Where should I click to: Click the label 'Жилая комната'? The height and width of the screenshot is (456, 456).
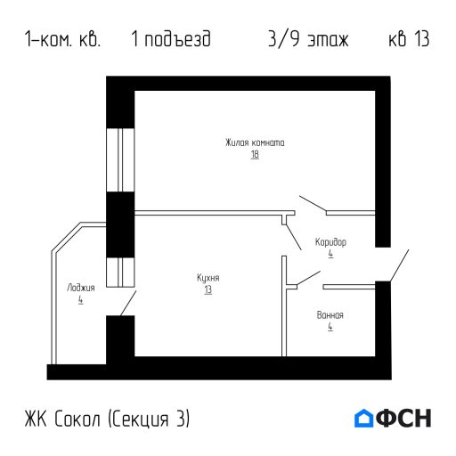pos(255,142)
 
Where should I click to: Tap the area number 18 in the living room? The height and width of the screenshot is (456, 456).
pos(255,154)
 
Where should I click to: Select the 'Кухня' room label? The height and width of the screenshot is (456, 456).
pos(208,278)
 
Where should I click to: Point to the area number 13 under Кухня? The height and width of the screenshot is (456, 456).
pos(208,289)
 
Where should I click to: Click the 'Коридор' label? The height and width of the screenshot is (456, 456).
pos(330,242)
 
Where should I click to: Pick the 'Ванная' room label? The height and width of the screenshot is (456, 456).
pos(330,315)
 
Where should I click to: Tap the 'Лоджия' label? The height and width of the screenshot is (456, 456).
pos(80,288)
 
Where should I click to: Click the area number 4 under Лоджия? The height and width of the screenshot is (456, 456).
pos(80,300)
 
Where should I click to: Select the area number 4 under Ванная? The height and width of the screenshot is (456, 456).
pos(330,327)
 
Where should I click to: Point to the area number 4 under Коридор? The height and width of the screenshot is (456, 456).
pos(330,254)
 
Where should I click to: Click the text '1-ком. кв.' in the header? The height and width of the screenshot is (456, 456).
pos(63,41)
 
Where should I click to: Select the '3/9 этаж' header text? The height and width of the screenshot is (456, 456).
pos(307,41)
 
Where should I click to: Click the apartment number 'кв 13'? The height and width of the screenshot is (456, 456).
pos(410,41)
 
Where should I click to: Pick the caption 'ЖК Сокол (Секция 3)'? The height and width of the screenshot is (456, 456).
pos(109,418)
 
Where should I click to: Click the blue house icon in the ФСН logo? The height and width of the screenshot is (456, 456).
pos(364,418)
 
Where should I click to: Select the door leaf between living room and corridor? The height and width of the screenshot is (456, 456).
pos(313,204)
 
